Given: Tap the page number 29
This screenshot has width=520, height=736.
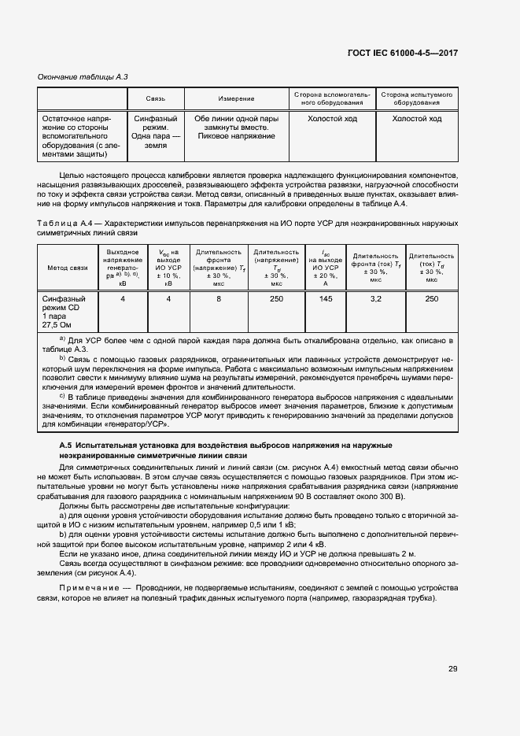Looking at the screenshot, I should click(x=452, y=668).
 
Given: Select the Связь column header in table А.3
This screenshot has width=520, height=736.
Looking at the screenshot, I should click(x=155, y=98).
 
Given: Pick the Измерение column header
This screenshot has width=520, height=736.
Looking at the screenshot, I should click(x=236, y=98).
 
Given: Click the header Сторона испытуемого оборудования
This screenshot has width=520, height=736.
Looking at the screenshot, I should click(x=417, y=98).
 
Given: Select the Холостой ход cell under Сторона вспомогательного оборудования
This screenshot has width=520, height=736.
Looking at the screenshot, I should click(x=330, y=119).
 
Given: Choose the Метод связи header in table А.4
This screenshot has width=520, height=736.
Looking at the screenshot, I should click(x=68, y=268).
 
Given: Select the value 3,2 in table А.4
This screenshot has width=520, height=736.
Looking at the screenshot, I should click(x=376, y=299).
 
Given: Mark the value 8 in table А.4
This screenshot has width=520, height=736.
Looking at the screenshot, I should click(x=219, y=299).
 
